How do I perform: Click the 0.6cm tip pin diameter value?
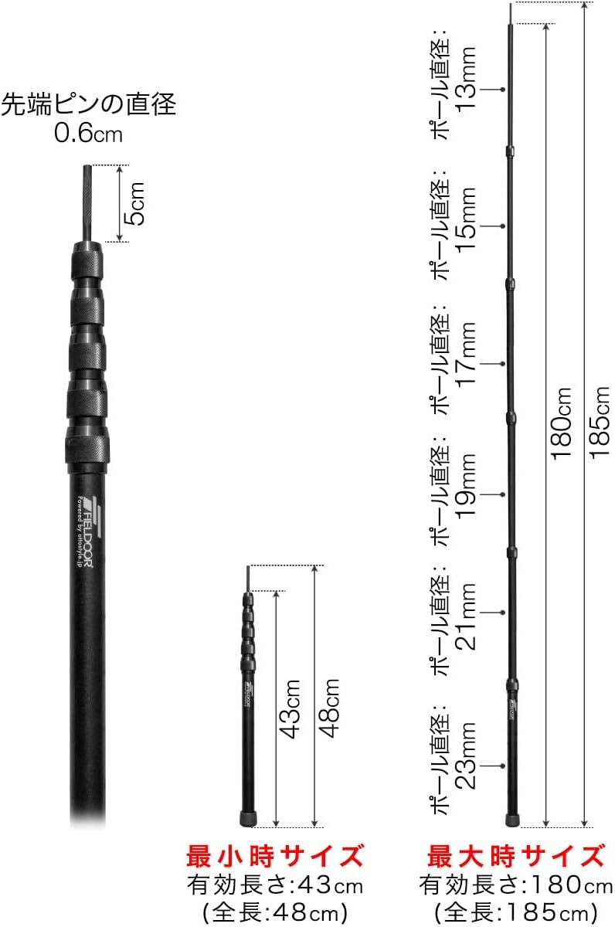coord(89,134)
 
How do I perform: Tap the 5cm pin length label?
coord(135,204)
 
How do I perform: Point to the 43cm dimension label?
coord(291,709)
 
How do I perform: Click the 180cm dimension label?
coord(561,423)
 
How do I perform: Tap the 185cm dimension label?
coord(600,422)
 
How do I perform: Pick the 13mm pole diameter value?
coord(466,78)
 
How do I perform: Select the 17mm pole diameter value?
coord(466,355)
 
